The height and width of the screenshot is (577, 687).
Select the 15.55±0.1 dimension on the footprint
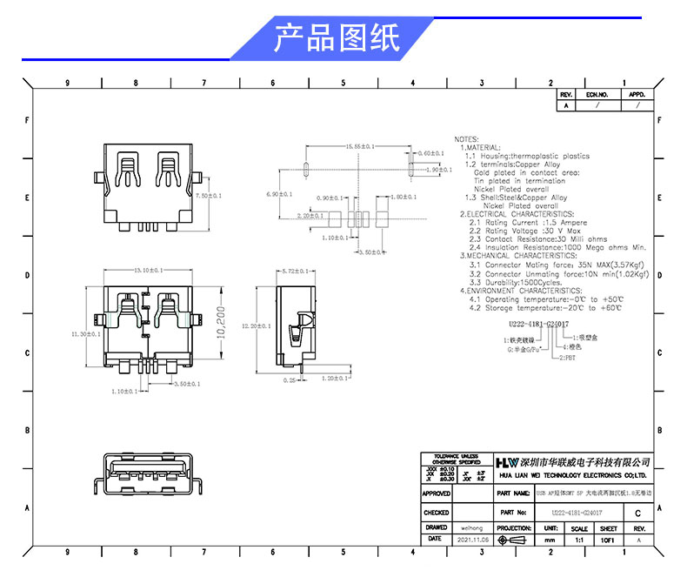[x=359, y=146]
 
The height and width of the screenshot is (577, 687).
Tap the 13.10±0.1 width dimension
[x=149, y=272]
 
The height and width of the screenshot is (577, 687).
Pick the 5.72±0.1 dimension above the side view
[x=297, y=272]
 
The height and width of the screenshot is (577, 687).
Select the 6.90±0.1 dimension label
[x=280, y=193]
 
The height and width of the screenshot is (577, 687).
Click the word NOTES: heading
[x=466, y=139]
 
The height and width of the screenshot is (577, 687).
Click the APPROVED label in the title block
[x=436, y=493]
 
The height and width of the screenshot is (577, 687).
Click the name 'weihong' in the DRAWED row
[x=471, y=527]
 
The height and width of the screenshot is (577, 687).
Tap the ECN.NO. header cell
[x=597, y=94]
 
